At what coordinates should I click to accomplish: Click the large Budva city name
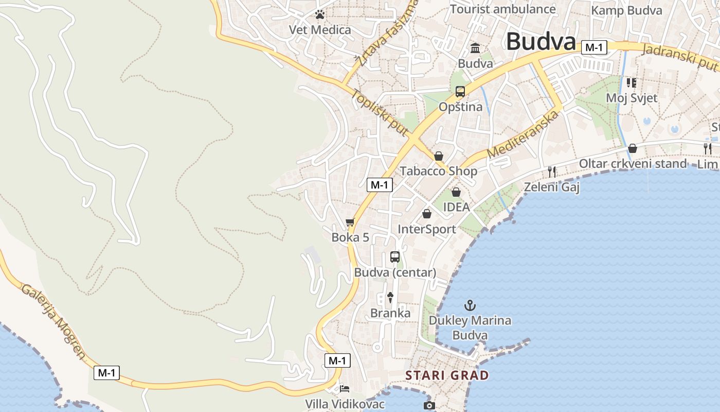pyautogui.click(x=541, y=41)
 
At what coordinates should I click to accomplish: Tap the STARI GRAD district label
pyautogui.click(x=447, y=375)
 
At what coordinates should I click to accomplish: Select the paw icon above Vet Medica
pyautogui.click(x=320, y=14)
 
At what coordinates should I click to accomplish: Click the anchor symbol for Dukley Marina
pyautogui.click(x=470, y=305)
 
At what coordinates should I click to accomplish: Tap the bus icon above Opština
pyautogui.click(x=460, y=92)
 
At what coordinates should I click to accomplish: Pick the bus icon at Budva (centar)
pyautogui.click(x=395, y=256)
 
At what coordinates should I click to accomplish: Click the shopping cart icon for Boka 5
pyautogui.click(x=350, y=222)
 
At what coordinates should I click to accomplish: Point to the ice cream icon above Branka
pyautogui.click(x=390, y=297)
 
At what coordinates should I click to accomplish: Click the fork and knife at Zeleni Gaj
pyautogui.click(x=552, y=171)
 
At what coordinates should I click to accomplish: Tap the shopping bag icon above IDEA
pyautogui.click(x=456, y=192)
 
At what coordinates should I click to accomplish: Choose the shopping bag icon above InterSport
pyautogui.click(x=427, y=214)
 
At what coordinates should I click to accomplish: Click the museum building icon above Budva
pyautogui.click(x=475, y=48)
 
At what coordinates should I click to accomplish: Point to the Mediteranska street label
pyautogui.click(x=523, y=135)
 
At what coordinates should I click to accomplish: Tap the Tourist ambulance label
pyautogui.click(x=503, y=9)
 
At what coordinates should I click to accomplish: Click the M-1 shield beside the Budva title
pyautogui.click(x=594, y=48)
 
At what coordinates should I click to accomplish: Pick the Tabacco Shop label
pyautogui.click(x=439, y=171)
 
